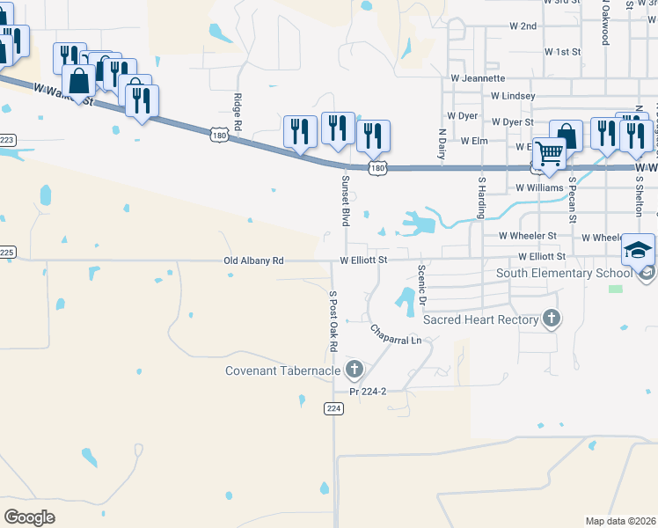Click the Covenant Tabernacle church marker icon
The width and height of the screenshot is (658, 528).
tap(355, 369)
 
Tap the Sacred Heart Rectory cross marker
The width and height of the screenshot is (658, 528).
tap(551, 319)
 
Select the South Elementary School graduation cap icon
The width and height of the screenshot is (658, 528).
tap(639, 251)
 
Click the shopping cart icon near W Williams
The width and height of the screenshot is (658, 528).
tap(550, 154)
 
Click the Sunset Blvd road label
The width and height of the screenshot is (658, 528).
tap(346, 198)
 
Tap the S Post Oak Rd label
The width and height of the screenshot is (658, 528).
tap(333, 322)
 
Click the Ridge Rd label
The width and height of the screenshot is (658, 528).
tap(238, 109)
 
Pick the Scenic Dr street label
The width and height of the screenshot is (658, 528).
tap(422, 286)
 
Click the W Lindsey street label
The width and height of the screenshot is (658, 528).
tap(513, 95)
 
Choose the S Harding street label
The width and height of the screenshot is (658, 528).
tap(482, 197)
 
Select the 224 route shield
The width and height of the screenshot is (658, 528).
tap(333, 408)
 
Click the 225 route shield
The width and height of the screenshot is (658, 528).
tap(7, 252)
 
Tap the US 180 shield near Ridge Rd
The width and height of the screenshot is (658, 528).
tap(220, 134)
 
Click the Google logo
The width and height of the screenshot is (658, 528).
tap(29, 517)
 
